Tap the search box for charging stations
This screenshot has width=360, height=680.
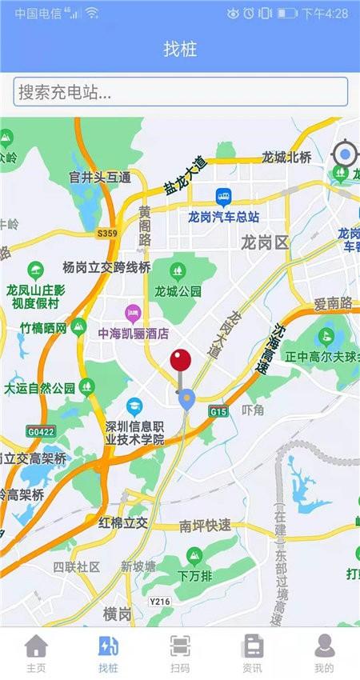180,91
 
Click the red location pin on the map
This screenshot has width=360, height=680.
181,361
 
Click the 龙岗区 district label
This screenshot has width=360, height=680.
264,242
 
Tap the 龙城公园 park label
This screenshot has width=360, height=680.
178,291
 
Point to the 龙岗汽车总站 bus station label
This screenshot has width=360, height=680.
224,216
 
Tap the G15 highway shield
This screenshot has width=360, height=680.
218,410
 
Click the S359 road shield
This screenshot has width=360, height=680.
106,233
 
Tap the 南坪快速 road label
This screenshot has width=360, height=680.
205,526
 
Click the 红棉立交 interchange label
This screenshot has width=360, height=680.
123,522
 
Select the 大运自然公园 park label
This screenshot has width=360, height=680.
40,389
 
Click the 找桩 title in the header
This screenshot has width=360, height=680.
180,49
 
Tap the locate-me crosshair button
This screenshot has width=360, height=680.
345,154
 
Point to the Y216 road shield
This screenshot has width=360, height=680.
160,601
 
